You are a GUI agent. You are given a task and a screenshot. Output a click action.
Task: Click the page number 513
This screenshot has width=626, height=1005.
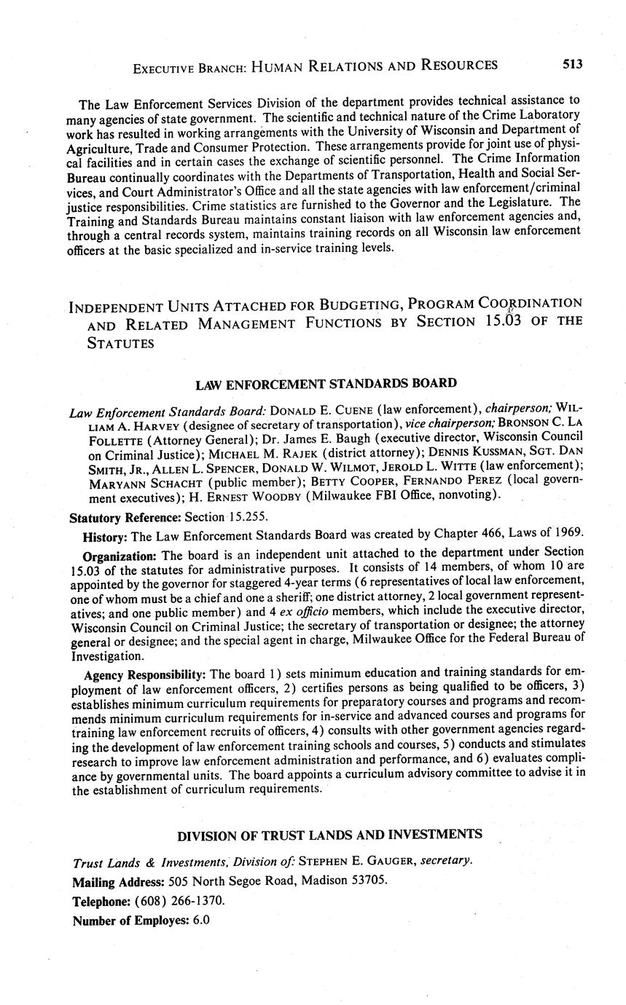[572, 64]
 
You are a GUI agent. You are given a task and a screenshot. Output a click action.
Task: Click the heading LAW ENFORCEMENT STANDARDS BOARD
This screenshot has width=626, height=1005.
[326, 383]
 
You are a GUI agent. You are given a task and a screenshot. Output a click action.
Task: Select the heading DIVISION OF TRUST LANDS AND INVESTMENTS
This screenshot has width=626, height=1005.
[329, 834]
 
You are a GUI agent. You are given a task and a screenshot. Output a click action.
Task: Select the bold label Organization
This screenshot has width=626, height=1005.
[116, 553]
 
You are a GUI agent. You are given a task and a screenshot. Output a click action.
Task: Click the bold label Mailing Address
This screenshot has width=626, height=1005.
[118, 880]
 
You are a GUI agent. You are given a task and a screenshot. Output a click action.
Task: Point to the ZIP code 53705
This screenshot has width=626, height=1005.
[367, 879]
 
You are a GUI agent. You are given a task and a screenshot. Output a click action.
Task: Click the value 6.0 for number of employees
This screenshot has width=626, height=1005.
[200, 920]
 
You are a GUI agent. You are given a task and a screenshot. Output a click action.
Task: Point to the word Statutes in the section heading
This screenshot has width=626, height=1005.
[120, 343]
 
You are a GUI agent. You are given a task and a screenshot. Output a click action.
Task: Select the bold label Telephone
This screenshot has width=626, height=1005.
[100, 900]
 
